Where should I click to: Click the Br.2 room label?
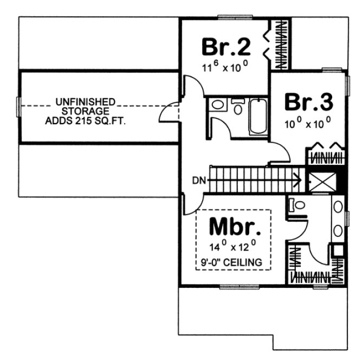click(226, 47)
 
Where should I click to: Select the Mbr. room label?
click(231, 226)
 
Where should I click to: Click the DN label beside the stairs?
click(198, 181)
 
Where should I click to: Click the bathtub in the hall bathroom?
click(258, 115)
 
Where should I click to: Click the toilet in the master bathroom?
click(296, 205)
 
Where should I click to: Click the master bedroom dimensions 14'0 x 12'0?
click(231, 246)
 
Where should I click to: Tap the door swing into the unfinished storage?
click(169, 113)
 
